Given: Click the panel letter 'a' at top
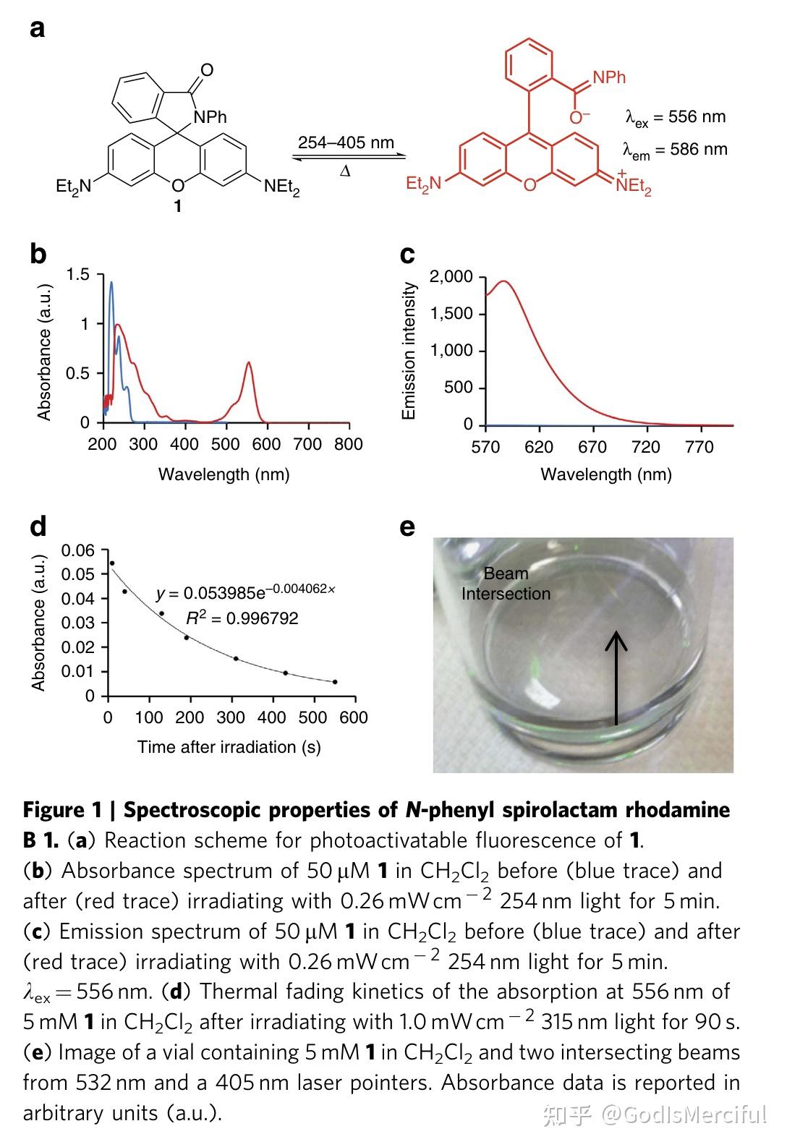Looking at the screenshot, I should click(x=37, y=29).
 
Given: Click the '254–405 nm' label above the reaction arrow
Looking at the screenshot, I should click(x=346, y=142).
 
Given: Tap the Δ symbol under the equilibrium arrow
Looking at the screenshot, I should click(x=345, y=172).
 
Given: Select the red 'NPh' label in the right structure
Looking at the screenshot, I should click(x=608, y=78).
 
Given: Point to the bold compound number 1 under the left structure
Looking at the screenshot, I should click(x=177, y=207).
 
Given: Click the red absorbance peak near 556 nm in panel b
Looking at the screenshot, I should click(x=249, y=363).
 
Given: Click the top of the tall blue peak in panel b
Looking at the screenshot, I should click(x=111, y=283).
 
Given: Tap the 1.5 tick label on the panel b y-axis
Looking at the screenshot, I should click(x=77, y=275).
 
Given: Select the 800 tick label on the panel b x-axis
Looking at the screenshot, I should click(x=348, y=445).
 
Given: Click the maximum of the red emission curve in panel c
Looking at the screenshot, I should click(x=503, y=282).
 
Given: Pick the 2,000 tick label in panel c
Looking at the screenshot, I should click(x=451, y=277).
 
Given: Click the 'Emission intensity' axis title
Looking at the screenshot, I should click(x=409, y=351).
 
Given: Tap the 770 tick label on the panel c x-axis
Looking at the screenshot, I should click(x=699, y=448).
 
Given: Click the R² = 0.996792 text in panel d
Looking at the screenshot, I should click(x=242, y=618).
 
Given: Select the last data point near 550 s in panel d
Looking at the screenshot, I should click(x=335, y=681).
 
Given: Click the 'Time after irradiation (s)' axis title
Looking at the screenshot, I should click(x=229, y=747).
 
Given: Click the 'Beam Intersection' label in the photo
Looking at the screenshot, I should click(x=506, y=584).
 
